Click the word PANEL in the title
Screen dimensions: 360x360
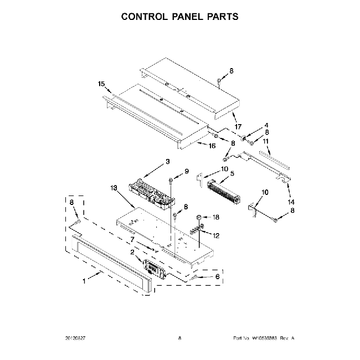coord(179,17)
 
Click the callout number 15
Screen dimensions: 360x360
coord(101,84)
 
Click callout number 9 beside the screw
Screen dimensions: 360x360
coord(187,171)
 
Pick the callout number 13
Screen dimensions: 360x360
coord(115,188)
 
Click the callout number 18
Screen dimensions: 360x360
coord(217,217)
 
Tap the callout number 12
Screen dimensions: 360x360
coord(216,235)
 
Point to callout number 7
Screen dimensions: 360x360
coord(132,239)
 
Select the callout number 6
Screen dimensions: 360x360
coord(217,276)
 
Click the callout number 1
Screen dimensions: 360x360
coord(84,281)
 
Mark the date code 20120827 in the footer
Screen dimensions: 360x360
coord(76,337)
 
